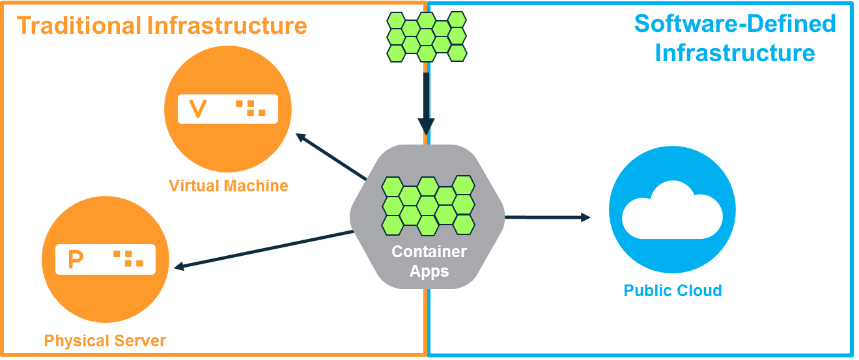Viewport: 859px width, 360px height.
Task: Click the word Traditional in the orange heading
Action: coord(79,25)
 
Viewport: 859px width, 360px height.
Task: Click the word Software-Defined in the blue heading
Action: coord(735,24)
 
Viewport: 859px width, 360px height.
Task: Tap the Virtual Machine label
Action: coord(228,186)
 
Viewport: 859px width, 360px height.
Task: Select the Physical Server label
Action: coord(105,340)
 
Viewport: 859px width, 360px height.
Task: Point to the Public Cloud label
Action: coord(672,290)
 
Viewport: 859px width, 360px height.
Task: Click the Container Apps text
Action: coord(429,261)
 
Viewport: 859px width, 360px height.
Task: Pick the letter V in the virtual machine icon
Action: coord(197,109)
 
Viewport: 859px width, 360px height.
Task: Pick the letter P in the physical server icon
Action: coord(76,259)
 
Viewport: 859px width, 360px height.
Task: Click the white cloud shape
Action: coord(671,210)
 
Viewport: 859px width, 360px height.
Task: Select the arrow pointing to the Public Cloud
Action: coord(547,217)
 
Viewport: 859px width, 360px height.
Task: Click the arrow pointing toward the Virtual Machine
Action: coord(331,156)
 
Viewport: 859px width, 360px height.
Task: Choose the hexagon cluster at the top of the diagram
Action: coord(427,36)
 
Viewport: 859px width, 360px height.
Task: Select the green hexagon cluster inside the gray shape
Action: coord(428,205)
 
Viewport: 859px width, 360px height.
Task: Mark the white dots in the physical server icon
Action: coord(128,258)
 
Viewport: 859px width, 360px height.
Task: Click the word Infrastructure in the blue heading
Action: coord(735,52)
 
